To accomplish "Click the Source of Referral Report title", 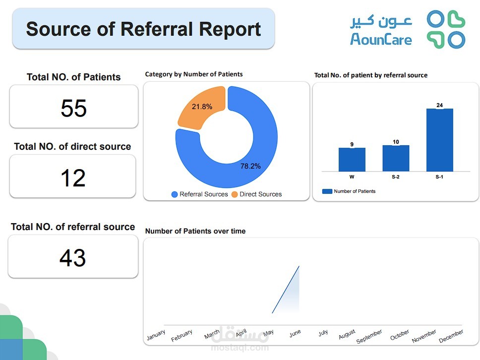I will [143, 29].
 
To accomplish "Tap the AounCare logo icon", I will [446, 30].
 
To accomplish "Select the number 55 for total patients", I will [73, 108].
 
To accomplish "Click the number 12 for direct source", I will [72, 178].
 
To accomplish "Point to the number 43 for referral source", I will [72, 258].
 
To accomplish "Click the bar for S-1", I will [439, 140].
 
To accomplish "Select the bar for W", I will [352, 159].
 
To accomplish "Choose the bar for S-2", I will [396, 158].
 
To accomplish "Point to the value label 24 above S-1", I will [439, 105].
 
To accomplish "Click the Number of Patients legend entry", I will [349, 191].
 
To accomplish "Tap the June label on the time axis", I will [295, 334].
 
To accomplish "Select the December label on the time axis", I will [451, 336].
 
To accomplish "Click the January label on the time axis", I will [156, 335].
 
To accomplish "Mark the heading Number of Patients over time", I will [195, 231].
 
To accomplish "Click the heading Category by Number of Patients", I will [193, 74].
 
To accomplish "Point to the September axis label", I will [369, 337].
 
